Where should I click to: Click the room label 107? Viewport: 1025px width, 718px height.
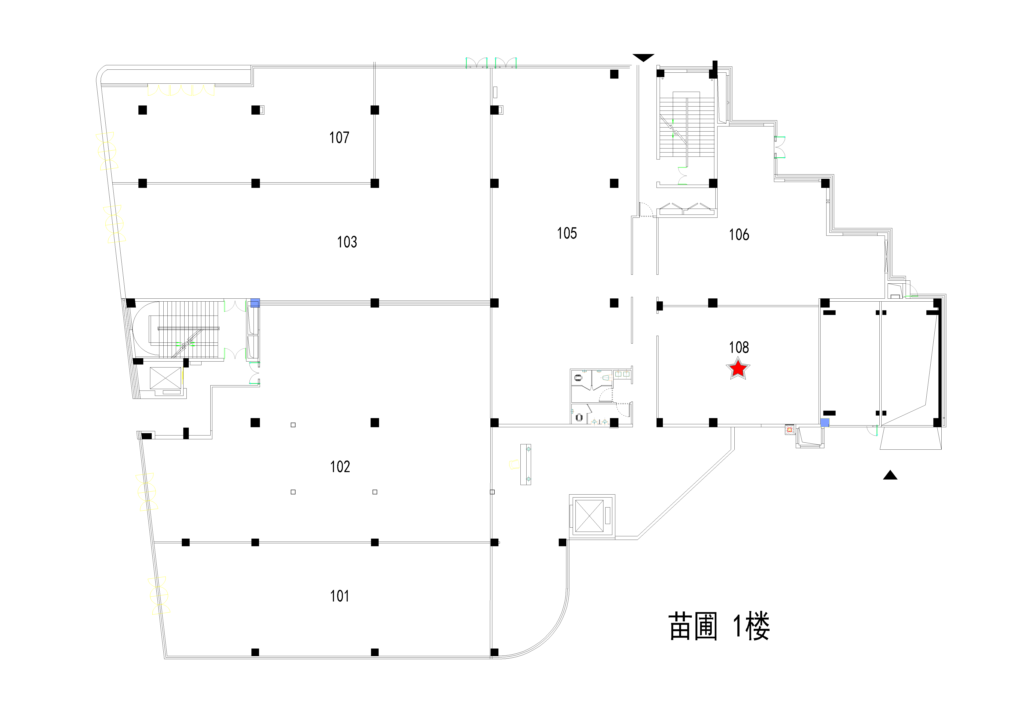[x=339, y=138]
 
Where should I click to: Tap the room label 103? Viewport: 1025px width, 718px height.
[x=347, y=242]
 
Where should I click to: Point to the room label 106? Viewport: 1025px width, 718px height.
[x=739, y=234]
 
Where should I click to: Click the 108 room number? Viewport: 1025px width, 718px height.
[x=739, y=347]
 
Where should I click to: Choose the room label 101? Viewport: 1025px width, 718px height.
[x=339, y=596]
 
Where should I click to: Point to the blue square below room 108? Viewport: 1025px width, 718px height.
[x=825, y=422]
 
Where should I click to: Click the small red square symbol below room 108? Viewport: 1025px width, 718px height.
[x=789, y=430]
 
